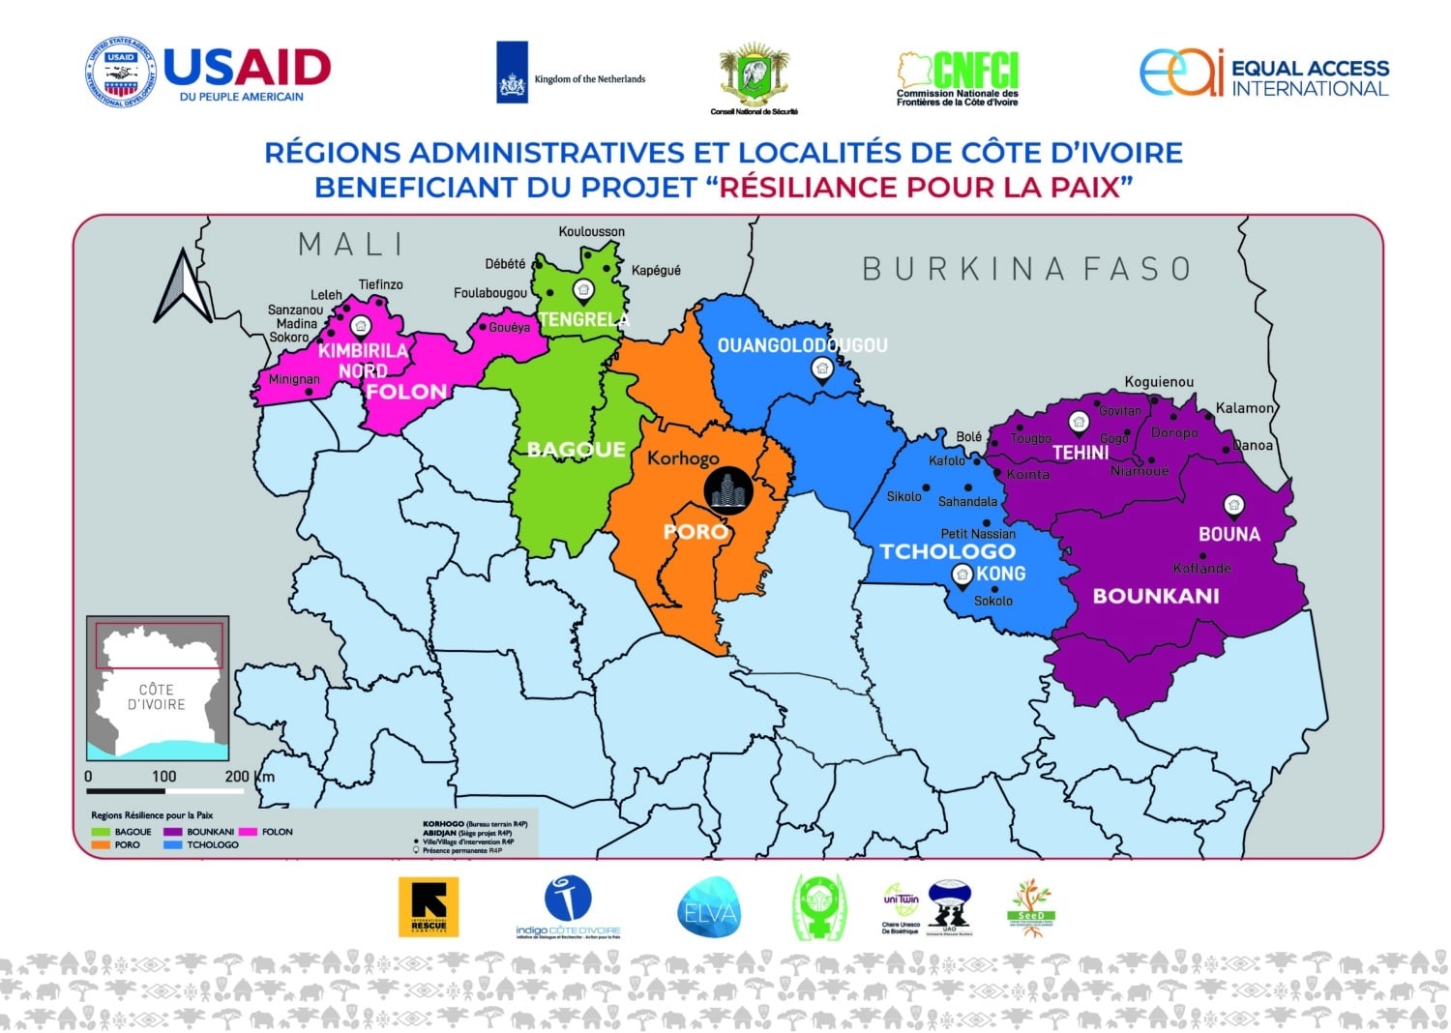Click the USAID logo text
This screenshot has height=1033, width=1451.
[x=247, y=68]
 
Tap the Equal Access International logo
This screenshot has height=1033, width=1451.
[x=1263, y=74]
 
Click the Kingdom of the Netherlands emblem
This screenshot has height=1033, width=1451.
[x=513, y=73]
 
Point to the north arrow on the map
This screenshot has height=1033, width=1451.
[x=183, y=286]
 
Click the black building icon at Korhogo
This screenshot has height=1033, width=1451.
[x=727, y=489]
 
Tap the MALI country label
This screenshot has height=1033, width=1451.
[x=351, y=245]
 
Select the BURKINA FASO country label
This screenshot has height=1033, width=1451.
[x=1026, y=269]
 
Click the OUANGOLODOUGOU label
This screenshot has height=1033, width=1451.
[x=802, y=345]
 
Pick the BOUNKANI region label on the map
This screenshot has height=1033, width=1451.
[x=1156, y=596]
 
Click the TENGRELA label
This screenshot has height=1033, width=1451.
[x=583, y=319]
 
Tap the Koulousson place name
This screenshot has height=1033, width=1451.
[x=591, y=232]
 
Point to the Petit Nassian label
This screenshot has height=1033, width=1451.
[x=978, y=534]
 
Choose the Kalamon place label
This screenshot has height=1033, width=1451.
[x=1245, y=408]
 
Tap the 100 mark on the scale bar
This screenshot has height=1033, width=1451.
[x=163, y=777]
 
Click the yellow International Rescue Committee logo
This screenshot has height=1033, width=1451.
[x=429, y=907]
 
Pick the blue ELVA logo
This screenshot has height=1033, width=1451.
[x=709, y=908]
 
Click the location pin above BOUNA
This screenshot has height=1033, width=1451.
[x=1233, y=505]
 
